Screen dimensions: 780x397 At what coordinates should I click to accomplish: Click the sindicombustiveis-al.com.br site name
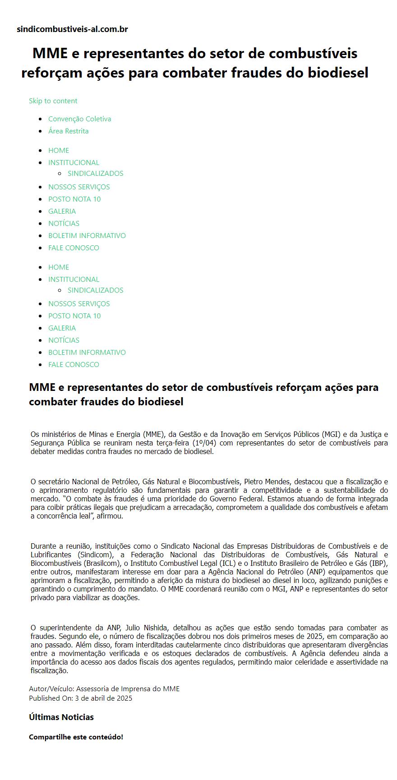pos(72,29)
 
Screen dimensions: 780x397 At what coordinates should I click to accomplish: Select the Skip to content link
pos(53,101)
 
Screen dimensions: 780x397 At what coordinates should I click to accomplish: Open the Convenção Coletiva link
pos(79,119)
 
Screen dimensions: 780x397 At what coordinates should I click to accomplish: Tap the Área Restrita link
pos(68,131)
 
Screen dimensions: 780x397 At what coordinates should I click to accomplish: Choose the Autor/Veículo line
pos(104,688)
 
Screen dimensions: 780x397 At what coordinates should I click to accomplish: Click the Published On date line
pos(81,698)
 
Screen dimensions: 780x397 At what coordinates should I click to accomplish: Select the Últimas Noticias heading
pos(61,717)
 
